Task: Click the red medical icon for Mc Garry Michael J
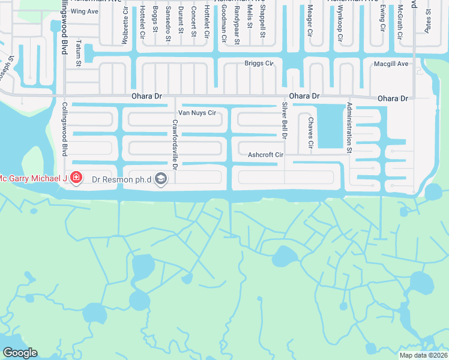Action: [x=76, y=178]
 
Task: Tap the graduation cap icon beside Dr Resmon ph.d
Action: [x=160, y=178]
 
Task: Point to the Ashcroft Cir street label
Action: [x=265, y=155]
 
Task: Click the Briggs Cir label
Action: [x=259, y=63]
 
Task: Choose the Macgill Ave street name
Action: [x=391, y=64]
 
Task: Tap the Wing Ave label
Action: [x=84, y=11]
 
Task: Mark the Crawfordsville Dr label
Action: [x=175, y=143]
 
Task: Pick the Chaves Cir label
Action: [x=311, y=133]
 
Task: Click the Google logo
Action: [x=20, y=353]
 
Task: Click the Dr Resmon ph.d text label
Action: [x=121, y=178]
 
